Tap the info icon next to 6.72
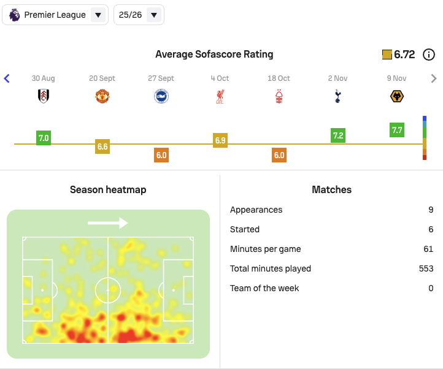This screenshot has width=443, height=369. click(430, 55)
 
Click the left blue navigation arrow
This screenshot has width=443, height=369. click(7, 78)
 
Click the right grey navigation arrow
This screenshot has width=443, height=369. click(434, 78)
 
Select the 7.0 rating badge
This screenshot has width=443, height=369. click(44, 138)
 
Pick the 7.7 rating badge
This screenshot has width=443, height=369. click(397, 130)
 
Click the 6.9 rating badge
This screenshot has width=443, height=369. click(220, 140)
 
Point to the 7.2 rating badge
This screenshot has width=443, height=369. click(338, 135)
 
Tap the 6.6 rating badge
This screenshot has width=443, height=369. click(102, 146)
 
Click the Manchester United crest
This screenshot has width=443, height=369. click(102, 96)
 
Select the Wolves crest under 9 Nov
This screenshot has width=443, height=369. click(397, 96)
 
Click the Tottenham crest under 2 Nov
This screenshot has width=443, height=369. click(338, 96)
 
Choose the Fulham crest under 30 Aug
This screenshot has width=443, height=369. click(44, 96)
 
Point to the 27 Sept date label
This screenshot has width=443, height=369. click(161, 78)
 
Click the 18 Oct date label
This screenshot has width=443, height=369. click(279, 78)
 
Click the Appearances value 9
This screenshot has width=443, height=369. click(431, 210)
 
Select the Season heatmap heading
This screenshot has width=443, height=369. click(108, 190)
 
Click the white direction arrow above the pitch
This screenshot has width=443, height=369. click(108, 223)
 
